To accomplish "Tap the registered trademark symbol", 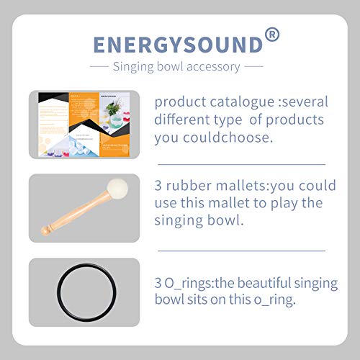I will pyautogui.click(x=271, y=34).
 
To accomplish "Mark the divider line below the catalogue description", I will pyautogui.click(x=240, y=164).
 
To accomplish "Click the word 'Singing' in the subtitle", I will pyautogui.click(x=134, y=67).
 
